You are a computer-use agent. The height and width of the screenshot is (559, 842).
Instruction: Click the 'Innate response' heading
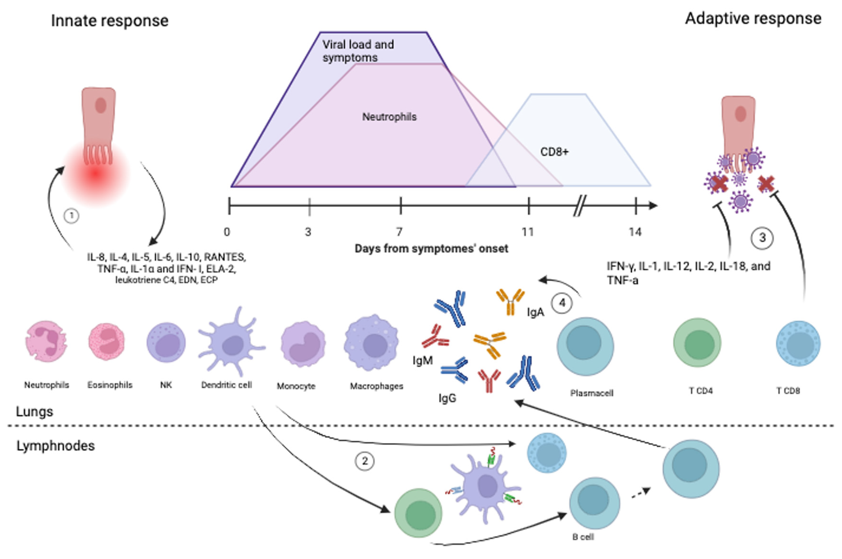109,21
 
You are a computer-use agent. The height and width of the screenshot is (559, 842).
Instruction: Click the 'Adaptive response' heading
753,19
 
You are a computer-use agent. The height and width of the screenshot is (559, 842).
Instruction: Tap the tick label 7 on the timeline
399,232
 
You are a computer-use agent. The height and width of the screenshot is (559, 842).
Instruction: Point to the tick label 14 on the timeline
635,232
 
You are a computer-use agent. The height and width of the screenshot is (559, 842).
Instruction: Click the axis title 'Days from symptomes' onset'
431,249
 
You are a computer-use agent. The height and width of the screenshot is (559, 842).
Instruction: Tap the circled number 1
71,216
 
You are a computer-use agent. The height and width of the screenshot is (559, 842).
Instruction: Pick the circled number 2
364,461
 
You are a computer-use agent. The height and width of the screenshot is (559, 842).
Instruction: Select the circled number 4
562,303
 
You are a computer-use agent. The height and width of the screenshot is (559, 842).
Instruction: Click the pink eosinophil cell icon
106,341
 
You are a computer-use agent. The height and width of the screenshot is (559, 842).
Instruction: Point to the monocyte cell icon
303,344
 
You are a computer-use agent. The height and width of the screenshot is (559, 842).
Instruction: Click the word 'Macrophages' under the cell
377,386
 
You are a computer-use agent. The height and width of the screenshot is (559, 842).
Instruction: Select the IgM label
423,361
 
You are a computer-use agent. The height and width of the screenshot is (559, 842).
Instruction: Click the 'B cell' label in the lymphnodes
583,537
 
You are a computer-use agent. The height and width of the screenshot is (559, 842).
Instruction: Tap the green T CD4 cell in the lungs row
697,343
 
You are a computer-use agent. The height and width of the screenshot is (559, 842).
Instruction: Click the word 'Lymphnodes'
55,446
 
